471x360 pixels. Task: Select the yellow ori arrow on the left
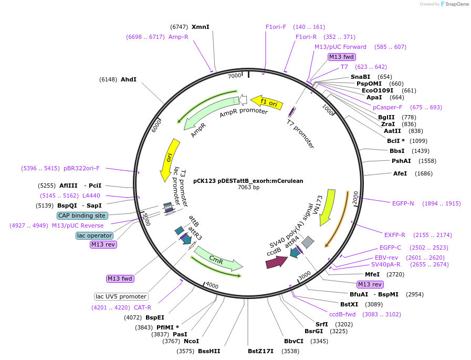click(x=169, y=159)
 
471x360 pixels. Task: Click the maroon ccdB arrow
click(x=276, y=262)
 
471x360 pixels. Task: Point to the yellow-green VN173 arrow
click(x=328, y=207)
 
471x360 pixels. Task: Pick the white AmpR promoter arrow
click(x=243, y=100)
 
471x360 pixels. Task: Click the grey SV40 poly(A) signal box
click(x=308, y=242)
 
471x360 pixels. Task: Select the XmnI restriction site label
click(x=200, y=27)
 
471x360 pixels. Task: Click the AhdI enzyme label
click(x=129, y=79)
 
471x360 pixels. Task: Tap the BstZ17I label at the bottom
click(x=260, y=351)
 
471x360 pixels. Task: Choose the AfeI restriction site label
click(x=400, y=173)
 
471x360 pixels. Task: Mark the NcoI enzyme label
click(x=191, y=341)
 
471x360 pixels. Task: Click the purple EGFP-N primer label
click(x=403, y=203)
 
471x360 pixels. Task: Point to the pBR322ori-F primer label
click(x=82, y=168)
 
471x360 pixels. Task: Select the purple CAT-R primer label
click(x=142, y=307)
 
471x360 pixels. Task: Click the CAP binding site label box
click(x=82, y=215)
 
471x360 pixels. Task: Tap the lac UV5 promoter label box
click(x=121, y=296)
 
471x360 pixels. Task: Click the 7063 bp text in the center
click(x=248, y=187)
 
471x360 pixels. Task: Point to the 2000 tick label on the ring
click(x=355, y=198)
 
